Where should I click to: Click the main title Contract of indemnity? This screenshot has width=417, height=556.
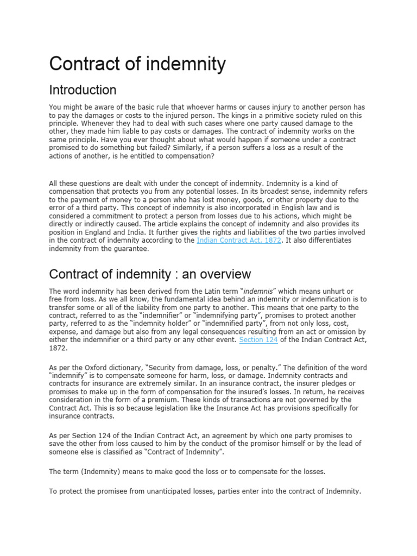(137, 64)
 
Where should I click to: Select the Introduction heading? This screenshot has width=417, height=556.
(83, 90)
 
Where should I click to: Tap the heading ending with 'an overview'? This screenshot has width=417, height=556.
(150, 274)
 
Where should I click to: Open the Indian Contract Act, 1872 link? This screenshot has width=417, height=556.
(239, 240)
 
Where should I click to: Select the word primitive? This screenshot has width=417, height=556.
(301, 116)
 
